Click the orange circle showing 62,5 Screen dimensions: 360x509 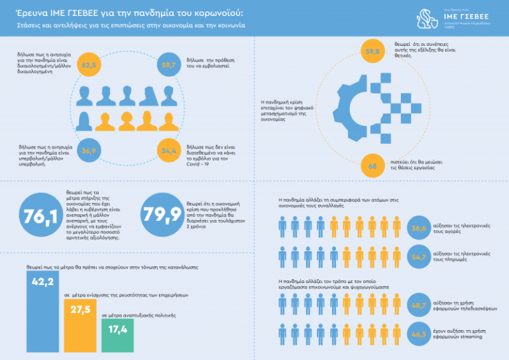point(89,65)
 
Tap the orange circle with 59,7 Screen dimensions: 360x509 point(168,65)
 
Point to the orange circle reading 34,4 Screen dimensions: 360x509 point(168,151)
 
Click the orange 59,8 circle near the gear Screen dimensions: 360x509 point(372,51)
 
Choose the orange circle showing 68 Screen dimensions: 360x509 point(372,166)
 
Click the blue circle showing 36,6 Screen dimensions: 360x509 point(419,228)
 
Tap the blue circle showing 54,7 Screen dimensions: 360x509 point(419,257)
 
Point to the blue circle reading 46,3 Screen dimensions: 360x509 point(419,335)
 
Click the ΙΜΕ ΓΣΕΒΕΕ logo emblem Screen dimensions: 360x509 point(427,19)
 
